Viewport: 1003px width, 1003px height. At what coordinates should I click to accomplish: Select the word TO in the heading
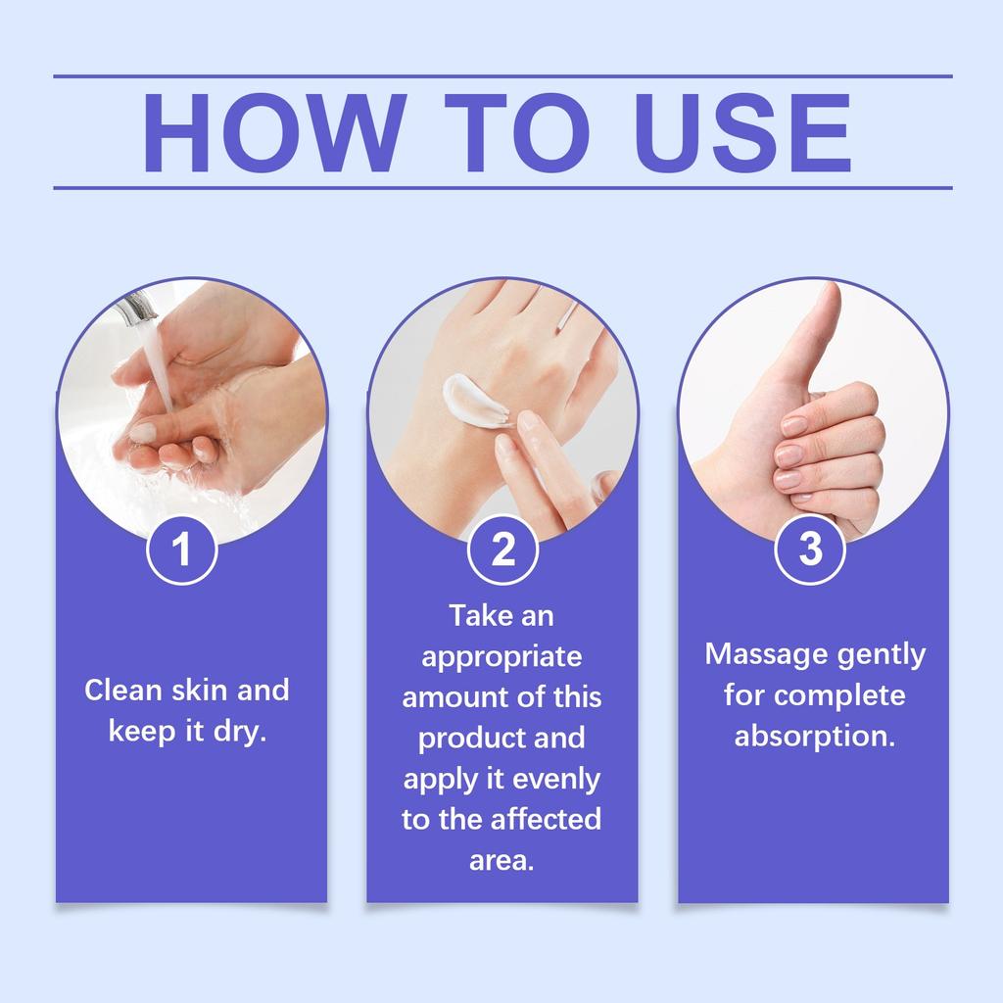(505, 133)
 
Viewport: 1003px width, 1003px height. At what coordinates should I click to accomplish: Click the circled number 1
(181, 550)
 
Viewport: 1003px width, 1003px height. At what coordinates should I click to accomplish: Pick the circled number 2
(502, 550)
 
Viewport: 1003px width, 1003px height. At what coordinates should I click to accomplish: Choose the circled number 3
(810, 550)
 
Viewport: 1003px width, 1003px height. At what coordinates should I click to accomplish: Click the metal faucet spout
(135, 311)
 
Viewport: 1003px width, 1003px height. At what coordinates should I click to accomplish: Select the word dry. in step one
(240, 732)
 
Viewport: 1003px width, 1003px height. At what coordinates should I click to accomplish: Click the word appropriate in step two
(501, 655)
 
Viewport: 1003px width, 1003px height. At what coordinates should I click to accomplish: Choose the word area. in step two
(501, 860)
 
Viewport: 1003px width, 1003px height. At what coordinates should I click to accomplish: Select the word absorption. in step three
(815, 736)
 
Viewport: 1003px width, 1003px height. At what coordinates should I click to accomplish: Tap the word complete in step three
(838, 694)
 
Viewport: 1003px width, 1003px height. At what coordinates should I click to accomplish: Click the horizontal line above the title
(501, 75)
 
